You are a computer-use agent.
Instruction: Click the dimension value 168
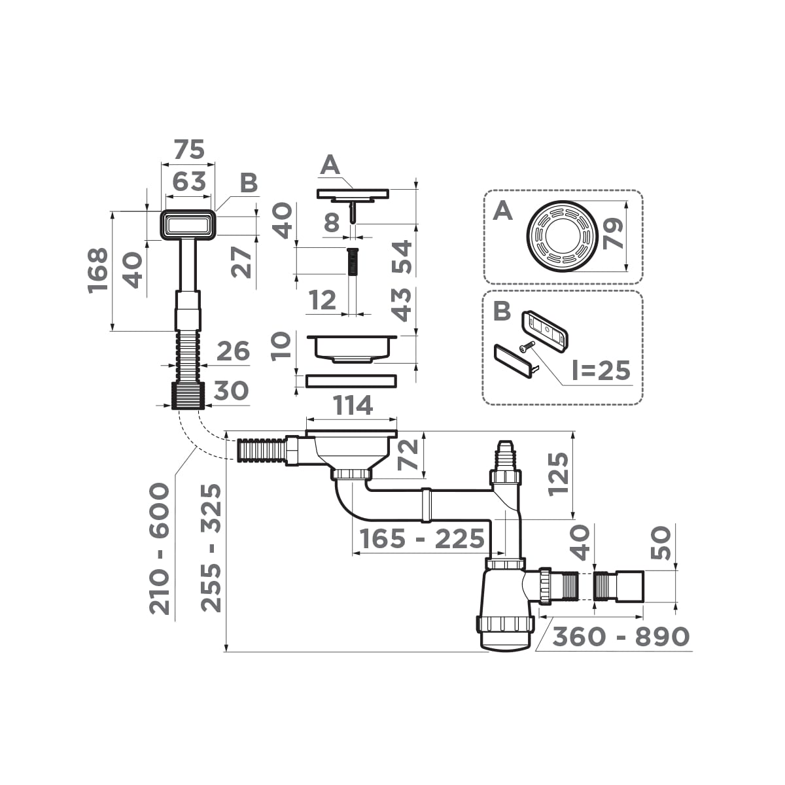[98, 270]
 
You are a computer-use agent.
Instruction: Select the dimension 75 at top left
[188, 150]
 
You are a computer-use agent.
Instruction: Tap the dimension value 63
[189, 181]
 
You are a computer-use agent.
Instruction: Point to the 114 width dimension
[353, 406]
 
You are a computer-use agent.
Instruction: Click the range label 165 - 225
[422, 540]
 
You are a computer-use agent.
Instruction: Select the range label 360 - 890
[621, 636]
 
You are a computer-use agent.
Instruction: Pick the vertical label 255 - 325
[211, 548]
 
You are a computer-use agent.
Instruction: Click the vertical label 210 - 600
[160, 548]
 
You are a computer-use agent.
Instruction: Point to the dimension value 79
[613, 234]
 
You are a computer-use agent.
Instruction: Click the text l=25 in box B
[601, 371]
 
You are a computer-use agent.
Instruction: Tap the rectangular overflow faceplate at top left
[188, 224]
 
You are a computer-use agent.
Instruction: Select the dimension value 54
[402, 257]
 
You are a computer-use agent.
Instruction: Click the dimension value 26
[232, 351]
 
